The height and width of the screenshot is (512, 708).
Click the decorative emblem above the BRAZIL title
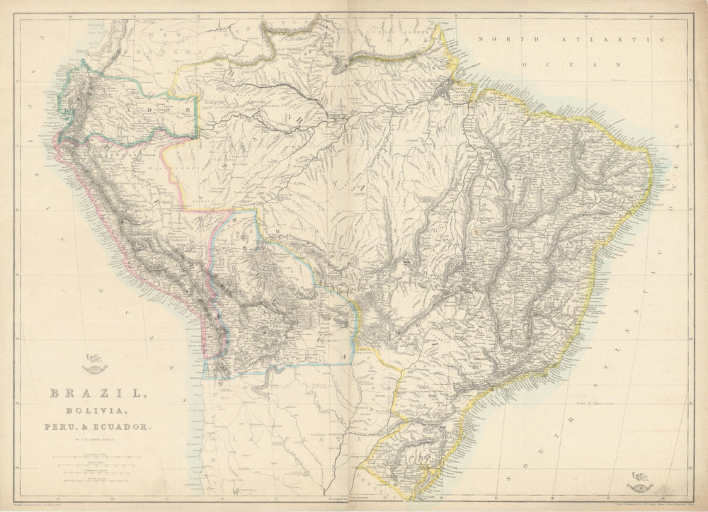pyautogui.click(x=93, y=365)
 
